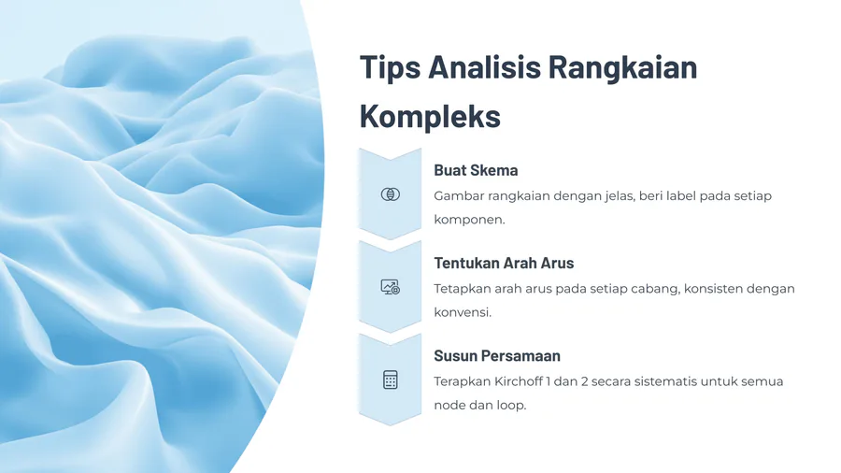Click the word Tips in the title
tap(390, 68)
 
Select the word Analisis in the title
tap(484, 67)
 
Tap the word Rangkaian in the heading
tap(622, 68)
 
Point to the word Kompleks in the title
tap(430, 116)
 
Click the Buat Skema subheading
tap(476, 170)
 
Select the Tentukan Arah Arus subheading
tap(504, 264)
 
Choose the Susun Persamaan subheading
tap(497, 356)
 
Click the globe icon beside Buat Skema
tap(390, 194)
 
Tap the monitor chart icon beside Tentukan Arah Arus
tap(390, 288)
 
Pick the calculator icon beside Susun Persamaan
tap(390, 380)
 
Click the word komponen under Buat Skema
tap(469, 220)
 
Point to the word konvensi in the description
tap(463, 312)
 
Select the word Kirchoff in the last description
tap(518, 381)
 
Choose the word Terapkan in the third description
tap(462, 381)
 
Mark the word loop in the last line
tap(511, 406)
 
